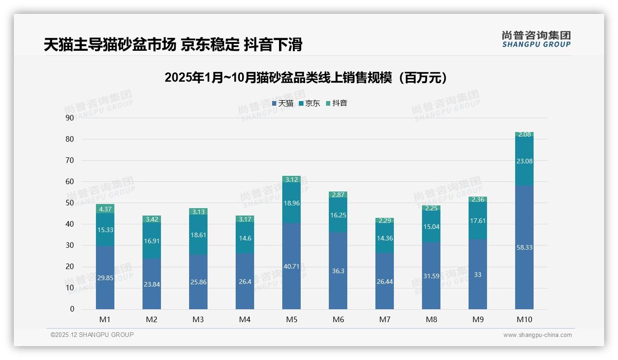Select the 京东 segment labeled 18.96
click(x=291, y=203)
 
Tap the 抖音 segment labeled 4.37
click(x=105, y=209)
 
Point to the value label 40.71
click(x=291, y=266)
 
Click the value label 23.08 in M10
click(x=524, y=161)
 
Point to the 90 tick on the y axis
click(x=70, y=118)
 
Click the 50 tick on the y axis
click(x=70, y=203)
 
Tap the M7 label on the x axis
click(x=384, y=319)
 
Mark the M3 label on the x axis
click(x=198, y=319)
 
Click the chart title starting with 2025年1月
click(x=306, y=78)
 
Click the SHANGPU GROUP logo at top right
click(x=536, y=39)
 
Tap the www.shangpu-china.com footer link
click(x=537, y=335)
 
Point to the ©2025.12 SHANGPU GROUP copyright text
click(x=92, y=335)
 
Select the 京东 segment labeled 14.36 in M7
click(x=384, y=239)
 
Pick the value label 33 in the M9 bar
click(x=477, y=275)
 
